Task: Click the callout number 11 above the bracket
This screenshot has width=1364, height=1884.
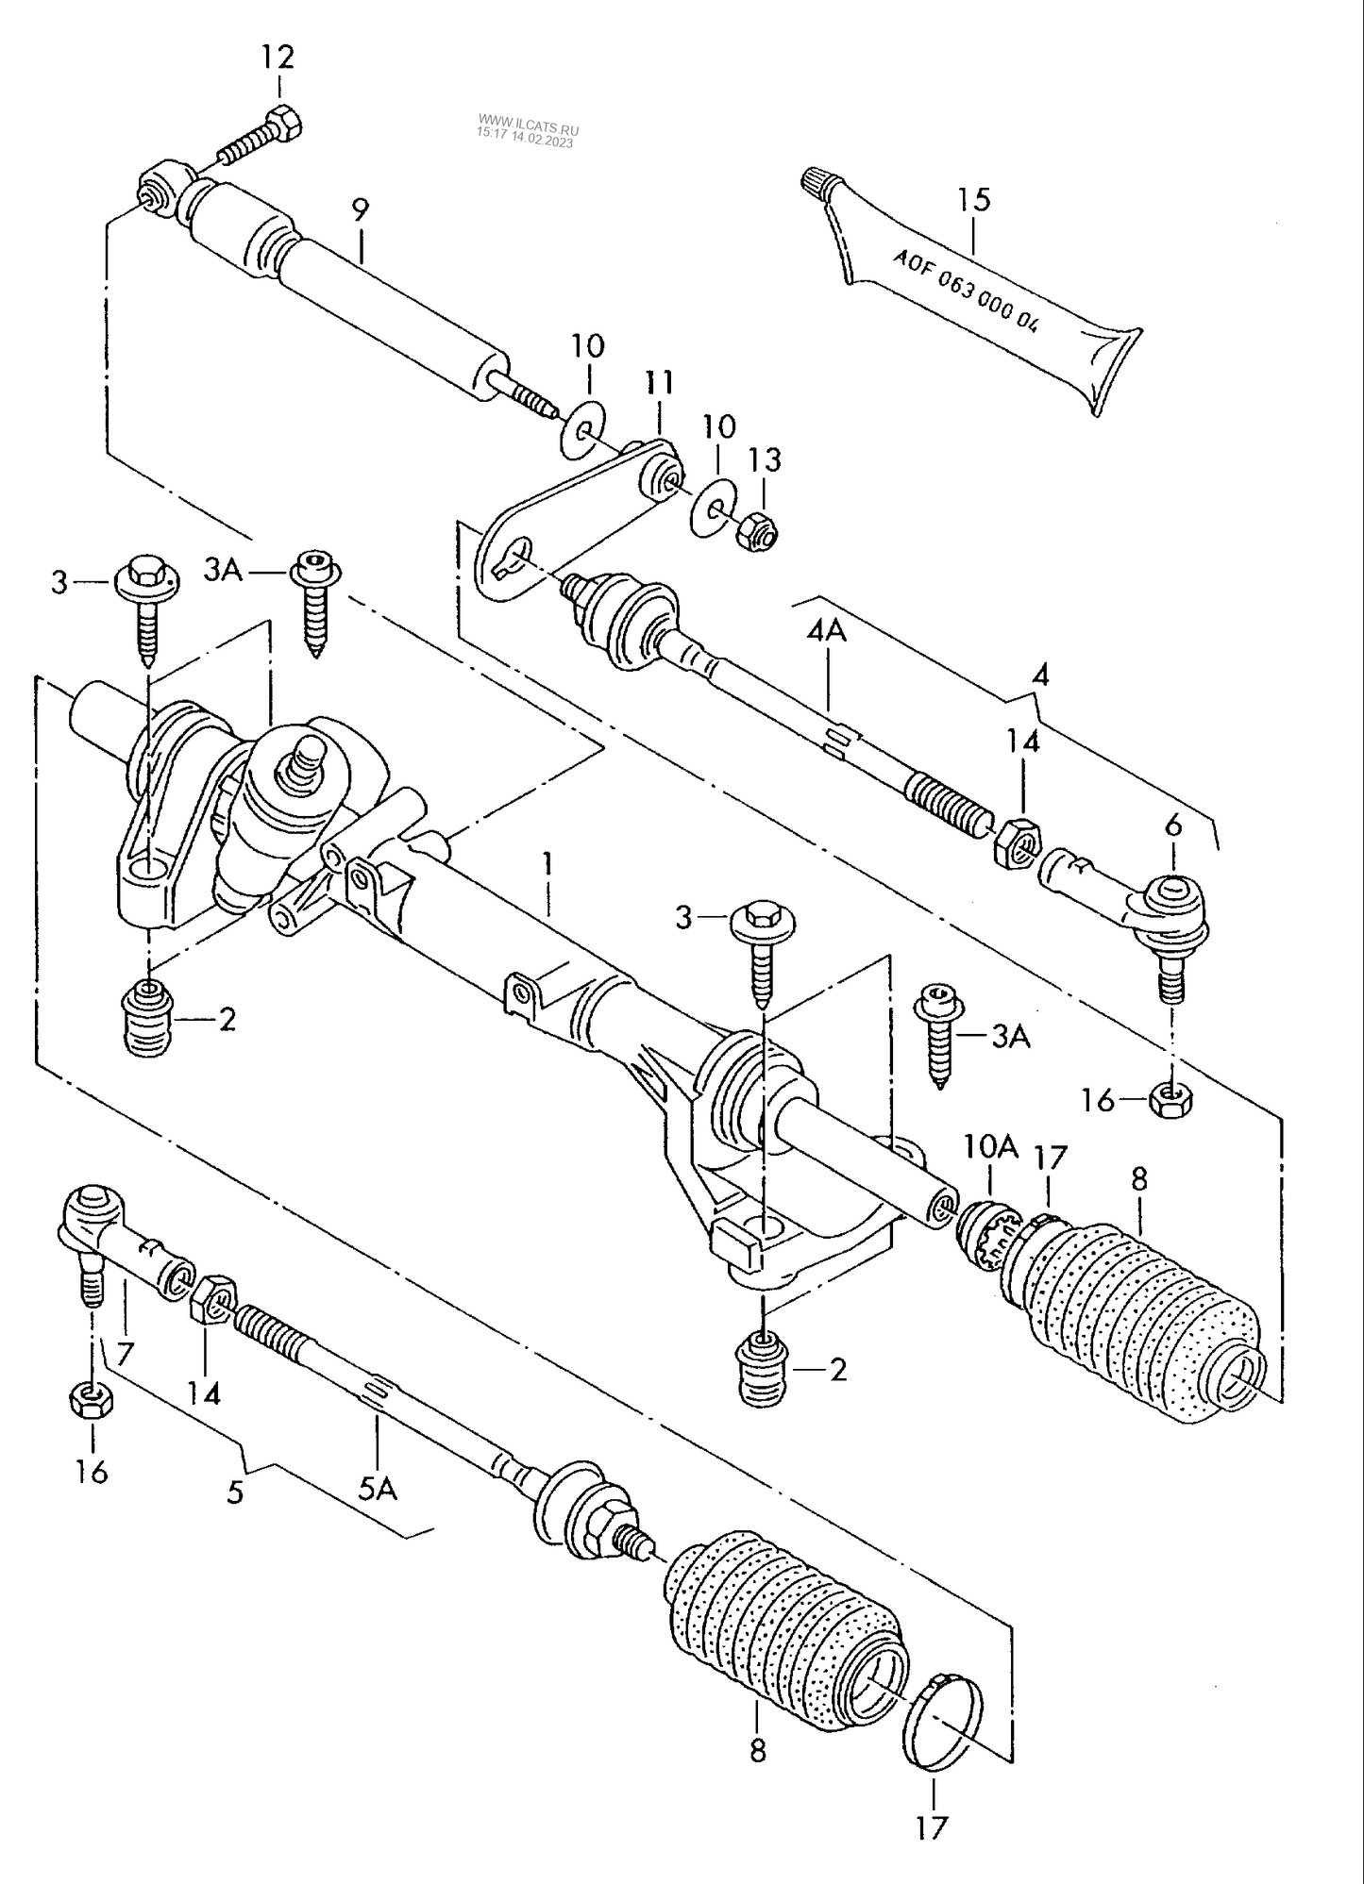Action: [x=660, y=382]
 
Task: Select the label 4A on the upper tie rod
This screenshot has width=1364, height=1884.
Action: [x=826, y=630]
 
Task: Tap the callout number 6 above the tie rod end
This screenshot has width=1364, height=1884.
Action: [x=1172, y=825]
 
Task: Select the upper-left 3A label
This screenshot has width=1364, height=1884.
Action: [x=223, y=571]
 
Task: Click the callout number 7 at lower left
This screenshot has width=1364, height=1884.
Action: [x=125, y=1354]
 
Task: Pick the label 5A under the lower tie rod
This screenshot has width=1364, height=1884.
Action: [x=377, y=1490]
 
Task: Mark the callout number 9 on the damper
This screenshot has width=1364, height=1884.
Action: [x=361, y=209]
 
